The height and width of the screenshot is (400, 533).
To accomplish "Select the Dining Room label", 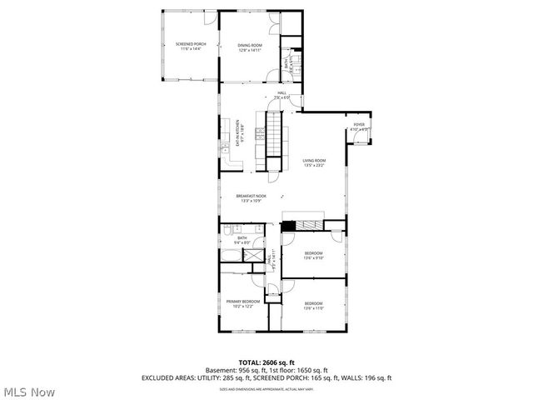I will [250, 47].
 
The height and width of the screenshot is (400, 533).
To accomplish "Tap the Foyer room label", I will [359, 127].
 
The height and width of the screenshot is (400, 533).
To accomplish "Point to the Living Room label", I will [314, 162].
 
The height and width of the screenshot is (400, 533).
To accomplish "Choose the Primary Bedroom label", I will [243, 302].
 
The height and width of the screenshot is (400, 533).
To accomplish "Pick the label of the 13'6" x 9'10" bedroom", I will [313, 254].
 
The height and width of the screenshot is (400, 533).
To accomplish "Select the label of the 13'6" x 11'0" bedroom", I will [313, 305].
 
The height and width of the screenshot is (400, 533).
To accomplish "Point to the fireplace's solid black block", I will [289, 225].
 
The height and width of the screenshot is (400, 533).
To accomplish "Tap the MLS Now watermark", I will [29, 390].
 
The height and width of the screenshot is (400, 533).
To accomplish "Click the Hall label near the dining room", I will [281, 94].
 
